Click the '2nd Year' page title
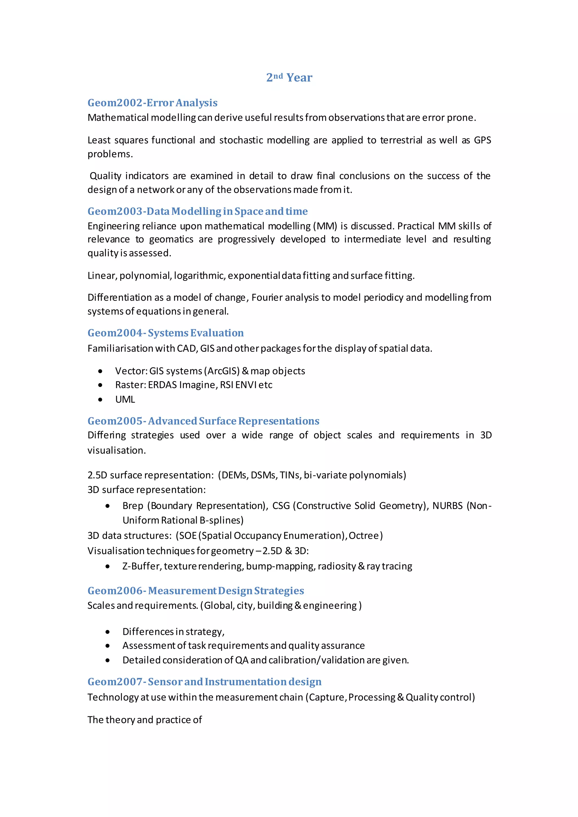(289, 77)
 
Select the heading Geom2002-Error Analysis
(152, 103)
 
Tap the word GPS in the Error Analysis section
(482, 140)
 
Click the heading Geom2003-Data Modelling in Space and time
(198, 211)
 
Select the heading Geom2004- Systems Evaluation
(165, 333)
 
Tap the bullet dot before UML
(100, 399)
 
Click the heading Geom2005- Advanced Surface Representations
(203, 421)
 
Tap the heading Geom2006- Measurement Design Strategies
(196, 591)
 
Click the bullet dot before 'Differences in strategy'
(108, 632)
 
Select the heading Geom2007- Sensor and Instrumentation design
(204, 682)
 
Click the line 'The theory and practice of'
(144, 720)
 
